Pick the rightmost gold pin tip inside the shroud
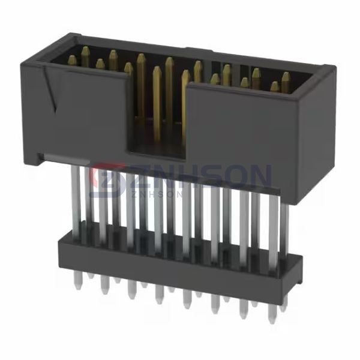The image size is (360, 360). click(286, 76)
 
